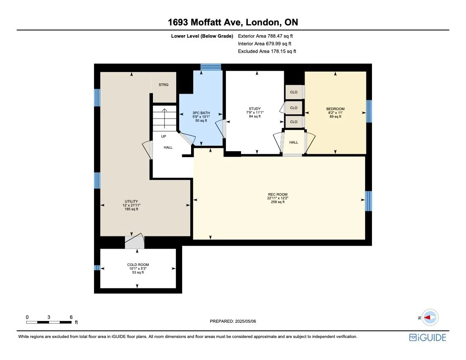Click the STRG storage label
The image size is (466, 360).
(164, 85)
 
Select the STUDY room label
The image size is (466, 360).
(255, 108)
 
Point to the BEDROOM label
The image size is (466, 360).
(336, 109)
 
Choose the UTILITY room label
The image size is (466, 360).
(131, 202)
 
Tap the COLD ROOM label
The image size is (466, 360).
(138, 265)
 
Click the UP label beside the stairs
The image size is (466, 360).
(163, 136)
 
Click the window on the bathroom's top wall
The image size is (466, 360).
(211, 67)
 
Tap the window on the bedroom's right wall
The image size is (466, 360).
(369, 111)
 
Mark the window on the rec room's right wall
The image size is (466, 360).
(368, 201)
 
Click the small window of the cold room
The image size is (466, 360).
(97, 268)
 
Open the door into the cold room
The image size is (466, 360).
(134, 242)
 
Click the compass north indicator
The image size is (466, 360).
(430, 317)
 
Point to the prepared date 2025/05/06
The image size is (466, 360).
(233, 321)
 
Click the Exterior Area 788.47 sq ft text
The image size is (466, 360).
(266, 36)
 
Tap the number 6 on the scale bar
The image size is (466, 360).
(71, 317)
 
